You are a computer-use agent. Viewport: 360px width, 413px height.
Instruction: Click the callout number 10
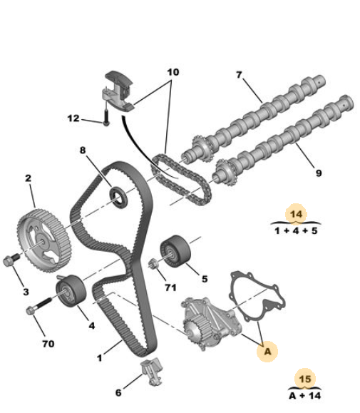coord(173,72)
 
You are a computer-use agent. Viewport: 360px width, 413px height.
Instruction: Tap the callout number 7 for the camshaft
coord(239,75)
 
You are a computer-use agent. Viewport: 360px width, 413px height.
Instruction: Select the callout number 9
coord(319,173)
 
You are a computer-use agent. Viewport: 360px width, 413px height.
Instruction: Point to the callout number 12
coord(73,118)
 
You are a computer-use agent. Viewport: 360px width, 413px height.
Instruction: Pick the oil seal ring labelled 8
coord(118,197)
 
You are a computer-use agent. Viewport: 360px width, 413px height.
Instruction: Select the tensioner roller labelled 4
coord(71,291)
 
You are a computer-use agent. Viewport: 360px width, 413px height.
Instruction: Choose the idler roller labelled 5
coord(175,251)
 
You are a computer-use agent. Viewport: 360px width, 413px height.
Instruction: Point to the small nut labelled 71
coord(153,264)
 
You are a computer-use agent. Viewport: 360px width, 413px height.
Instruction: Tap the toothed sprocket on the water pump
coord(197,331)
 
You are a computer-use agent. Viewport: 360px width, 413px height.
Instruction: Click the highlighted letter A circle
coord(267,352)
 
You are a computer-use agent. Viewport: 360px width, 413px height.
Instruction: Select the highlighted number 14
coord(297,214)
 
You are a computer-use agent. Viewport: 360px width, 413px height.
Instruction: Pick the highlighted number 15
coord(305,379)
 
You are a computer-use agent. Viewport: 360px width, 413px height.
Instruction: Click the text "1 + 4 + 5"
coord(296,231)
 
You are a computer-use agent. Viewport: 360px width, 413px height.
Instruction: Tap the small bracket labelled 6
coord(152,372)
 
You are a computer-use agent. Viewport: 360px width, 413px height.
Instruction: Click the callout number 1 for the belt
coord(99,358)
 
